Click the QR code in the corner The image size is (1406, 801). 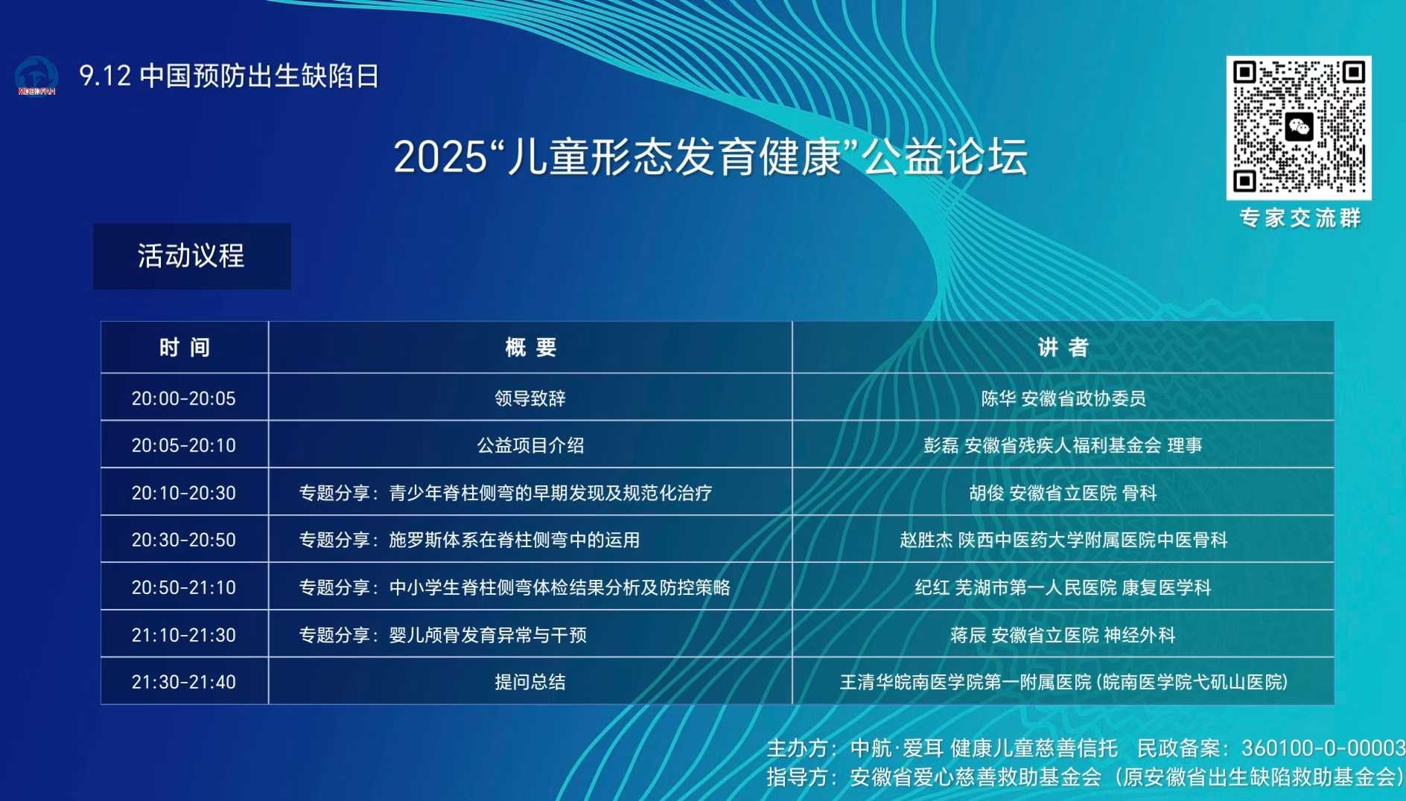1298,127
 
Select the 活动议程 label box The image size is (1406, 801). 191,256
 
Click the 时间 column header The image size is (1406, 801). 185,347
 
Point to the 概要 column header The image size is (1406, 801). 530,347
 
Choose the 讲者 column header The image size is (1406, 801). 1063,347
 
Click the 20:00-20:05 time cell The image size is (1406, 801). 185,398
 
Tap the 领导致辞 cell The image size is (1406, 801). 530,398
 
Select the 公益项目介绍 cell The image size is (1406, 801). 530,445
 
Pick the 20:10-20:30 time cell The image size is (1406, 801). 185,492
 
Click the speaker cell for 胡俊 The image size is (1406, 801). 1063,492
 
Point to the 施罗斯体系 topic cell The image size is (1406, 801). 530,540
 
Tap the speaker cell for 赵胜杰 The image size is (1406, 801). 1063,540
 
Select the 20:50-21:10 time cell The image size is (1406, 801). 185,587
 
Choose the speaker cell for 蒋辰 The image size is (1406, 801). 1063,634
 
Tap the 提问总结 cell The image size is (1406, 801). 530,681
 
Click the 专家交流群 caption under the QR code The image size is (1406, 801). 1300,217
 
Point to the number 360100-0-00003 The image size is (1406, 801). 1323,747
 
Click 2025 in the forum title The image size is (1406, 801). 440,157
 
